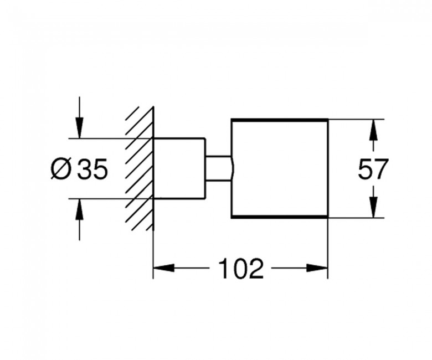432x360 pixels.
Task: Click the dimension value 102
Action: [x=240, y=268]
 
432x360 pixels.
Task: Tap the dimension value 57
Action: [x=373, y=168]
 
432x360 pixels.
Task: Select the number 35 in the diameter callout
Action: [x=92, y=169]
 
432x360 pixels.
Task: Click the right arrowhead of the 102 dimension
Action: [x=317, y=268]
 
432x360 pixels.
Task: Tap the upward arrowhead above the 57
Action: [x=373, y=130]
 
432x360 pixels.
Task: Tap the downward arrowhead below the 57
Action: [x=373, y=207]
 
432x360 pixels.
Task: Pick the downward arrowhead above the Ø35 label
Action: [x=79, y=127]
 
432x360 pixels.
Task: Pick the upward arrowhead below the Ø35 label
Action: [x=79, y=209]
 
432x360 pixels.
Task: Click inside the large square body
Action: [x=280, y=168]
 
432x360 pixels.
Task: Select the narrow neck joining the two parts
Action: [x=218, y=168]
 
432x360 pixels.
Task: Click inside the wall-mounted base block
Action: [x=179, y=168]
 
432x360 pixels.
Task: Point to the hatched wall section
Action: [x=140, y=168]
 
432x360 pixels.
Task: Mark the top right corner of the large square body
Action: [x=327, y=120]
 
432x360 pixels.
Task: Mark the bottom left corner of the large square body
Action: [x=232, y=218]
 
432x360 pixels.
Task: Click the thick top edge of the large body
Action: [x=280, y=120]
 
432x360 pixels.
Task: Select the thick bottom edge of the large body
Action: [x=280, y=217]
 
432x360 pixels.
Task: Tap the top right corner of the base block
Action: [x=205, y=138]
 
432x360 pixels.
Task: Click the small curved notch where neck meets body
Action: [x=233, y=168]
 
